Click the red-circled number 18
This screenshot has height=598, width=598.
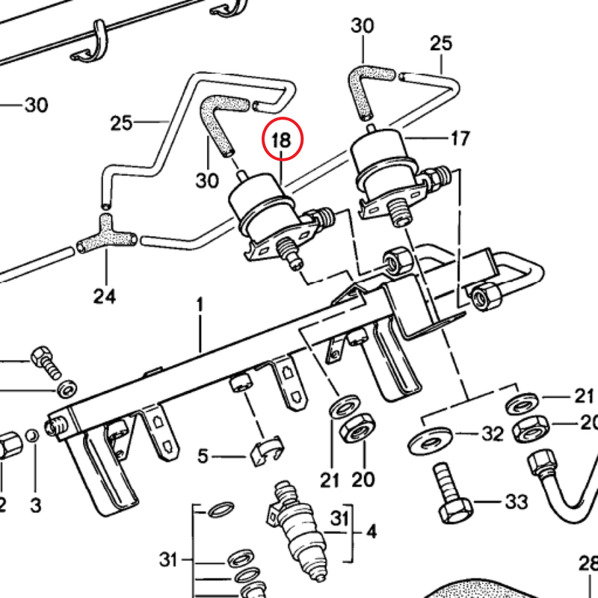(283, 139)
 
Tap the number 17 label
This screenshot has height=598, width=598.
(460, 138)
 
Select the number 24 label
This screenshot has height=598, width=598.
(105, 297)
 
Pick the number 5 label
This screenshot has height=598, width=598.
(203, 455)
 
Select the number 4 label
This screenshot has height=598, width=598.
(371, 532)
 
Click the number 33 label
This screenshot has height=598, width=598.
(517, 501)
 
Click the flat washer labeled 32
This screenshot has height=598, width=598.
(428, 439)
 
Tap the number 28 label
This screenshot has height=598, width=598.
(589, 562)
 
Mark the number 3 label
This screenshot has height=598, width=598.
(35, 505)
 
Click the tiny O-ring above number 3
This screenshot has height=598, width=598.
(31, 436)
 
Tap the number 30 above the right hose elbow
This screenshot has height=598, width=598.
(363, 26)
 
